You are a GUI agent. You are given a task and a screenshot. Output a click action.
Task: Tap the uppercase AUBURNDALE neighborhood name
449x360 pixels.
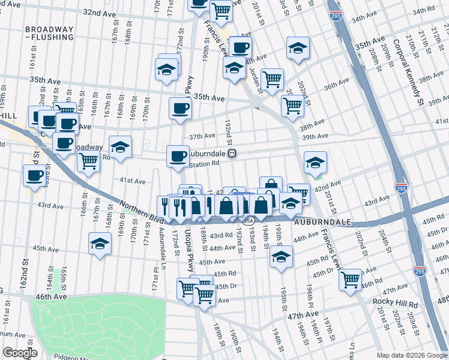point(322,222)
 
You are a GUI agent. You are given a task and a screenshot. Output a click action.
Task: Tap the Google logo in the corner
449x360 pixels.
point(20,353)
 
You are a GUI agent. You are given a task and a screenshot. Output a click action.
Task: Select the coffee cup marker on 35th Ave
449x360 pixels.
point(181,109)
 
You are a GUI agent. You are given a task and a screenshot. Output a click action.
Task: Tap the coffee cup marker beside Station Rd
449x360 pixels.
point(178,157)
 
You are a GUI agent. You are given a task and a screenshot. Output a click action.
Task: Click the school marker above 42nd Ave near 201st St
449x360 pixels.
point(315,162)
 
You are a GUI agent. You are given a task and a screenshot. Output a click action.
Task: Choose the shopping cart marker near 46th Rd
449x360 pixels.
point(350,280)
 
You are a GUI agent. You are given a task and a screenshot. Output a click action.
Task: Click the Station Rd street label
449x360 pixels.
point(205,164)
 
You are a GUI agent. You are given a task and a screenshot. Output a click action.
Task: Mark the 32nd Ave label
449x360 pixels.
point(99,12)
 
